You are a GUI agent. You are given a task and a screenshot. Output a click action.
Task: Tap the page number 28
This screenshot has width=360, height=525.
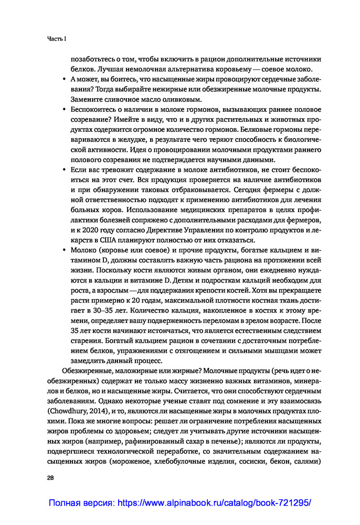[51, 479]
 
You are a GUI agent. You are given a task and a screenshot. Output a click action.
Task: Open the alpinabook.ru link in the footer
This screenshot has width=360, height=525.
[180, 502]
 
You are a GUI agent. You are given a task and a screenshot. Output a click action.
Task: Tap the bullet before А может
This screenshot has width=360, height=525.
[63, 79]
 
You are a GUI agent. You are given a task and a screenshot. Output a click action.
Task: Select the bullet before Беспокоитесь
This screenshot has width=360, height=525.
[63, 110]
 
